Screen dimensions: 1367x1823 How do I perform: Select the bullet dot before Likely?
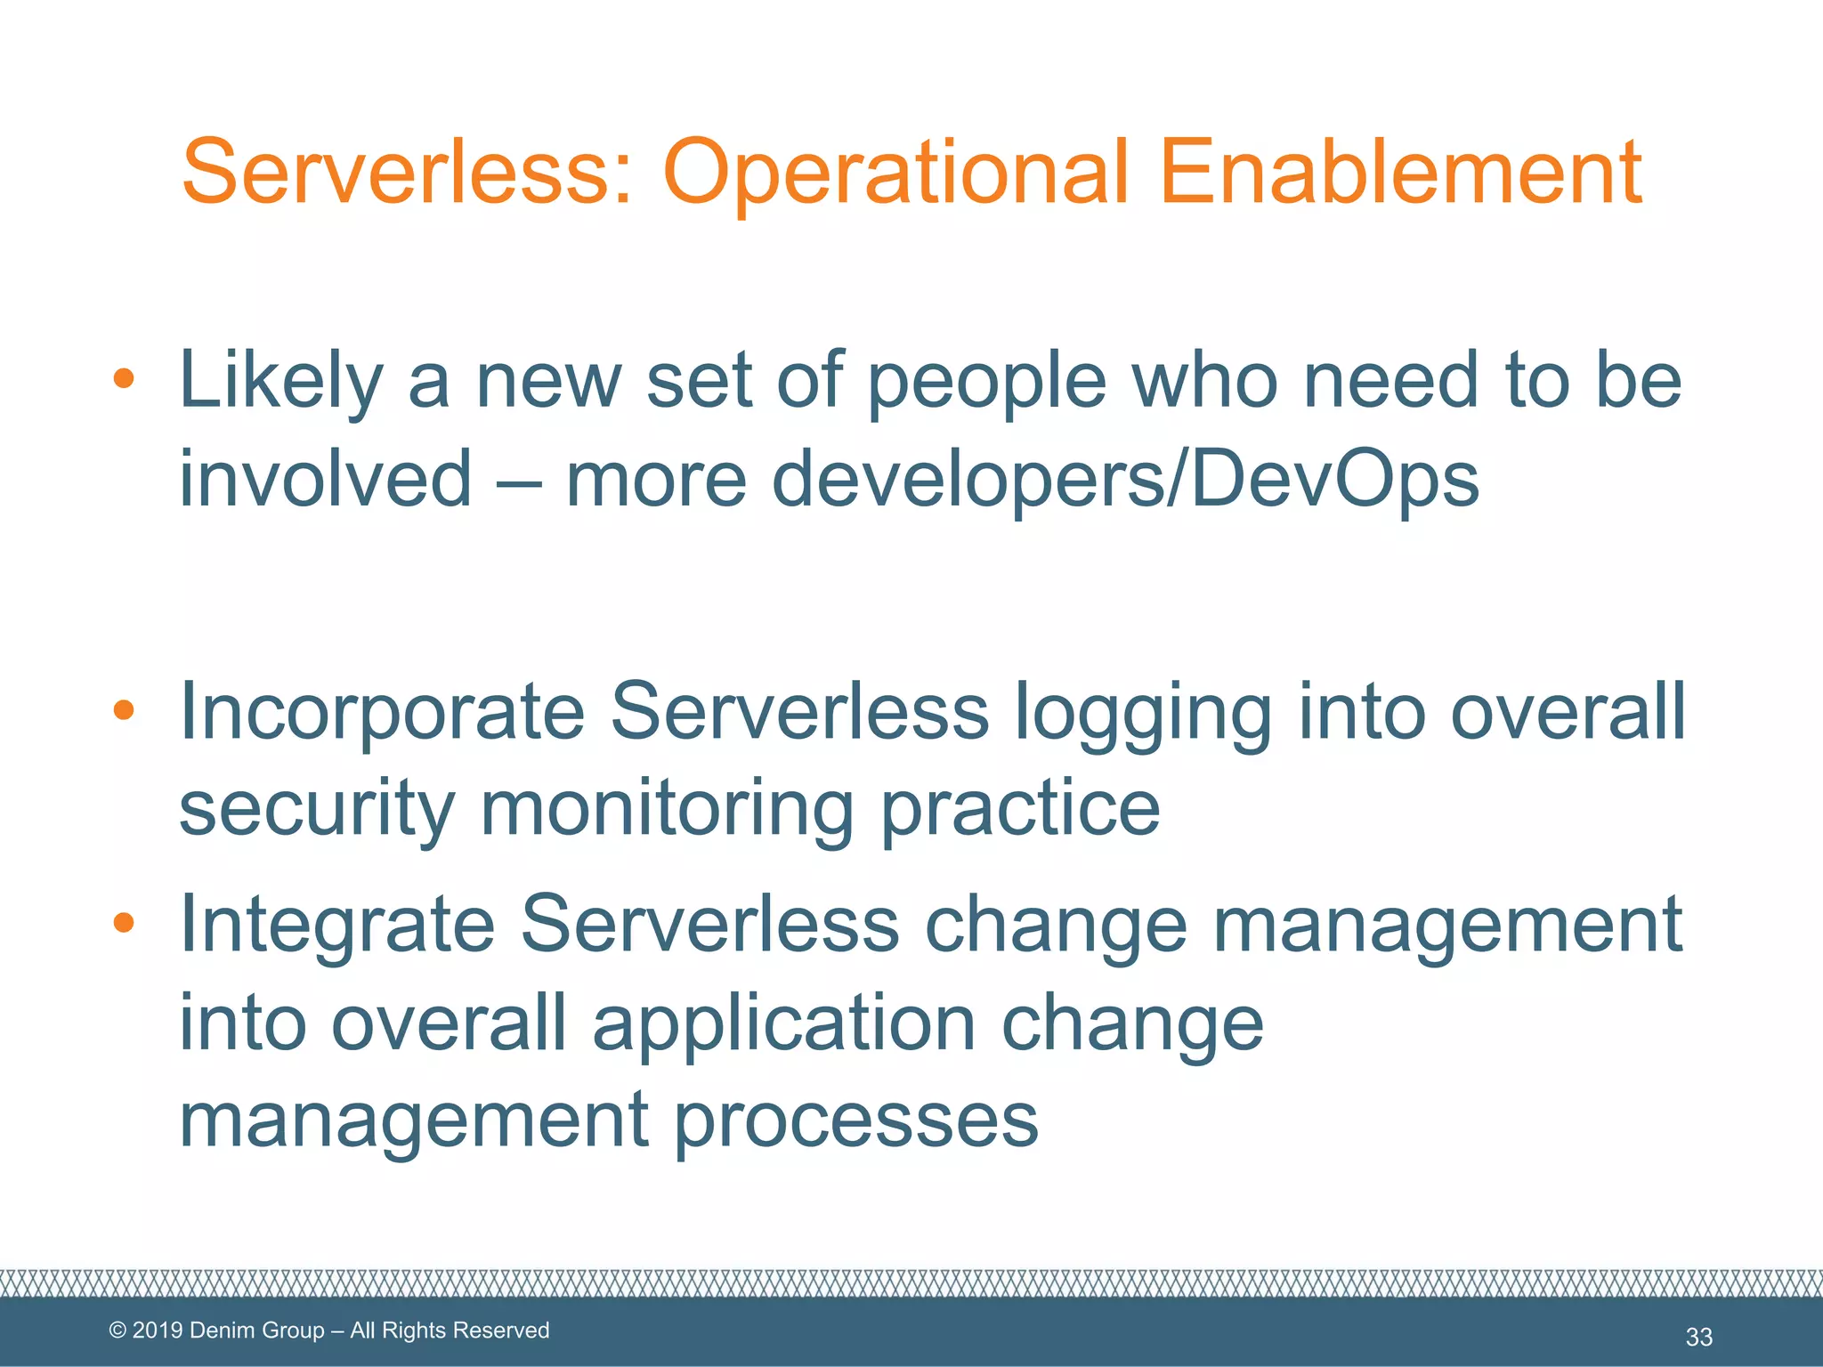[124, 380]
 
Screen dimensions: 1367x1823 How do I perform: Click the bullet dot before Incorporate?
[124, 710]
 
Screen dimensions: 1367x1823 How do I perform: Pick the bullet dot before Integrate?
[124, 923]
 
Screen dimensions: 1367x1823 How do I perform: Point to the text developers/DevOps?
[1124, 481]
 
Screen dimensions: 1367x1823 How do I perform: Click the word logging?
[1143, 714]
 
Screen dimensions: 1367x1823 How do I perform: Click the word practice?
[1020, 810]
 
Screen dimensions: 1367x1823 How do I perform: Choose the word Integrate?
[337, 926]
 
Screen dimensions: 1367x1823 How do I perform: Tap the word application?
[784, 1023]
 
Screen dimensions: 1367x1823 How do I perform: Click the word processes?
[855, 1121]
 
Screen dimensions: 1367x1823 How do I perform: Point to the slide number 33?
[1698, 1336]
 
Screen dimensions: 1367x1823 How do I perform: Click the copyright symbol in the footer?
[117, 1331]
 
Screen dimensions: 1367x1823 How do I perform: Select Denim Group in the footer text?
[257, 1331]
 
